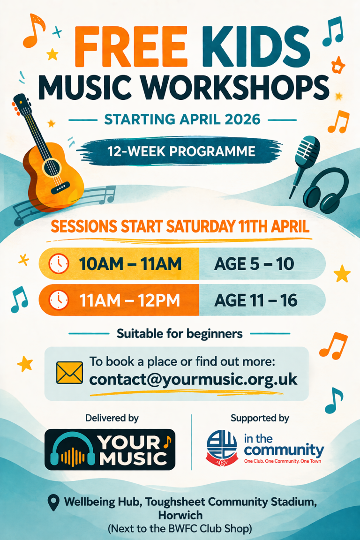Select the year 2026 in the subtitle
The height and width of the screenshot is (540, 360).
point(242,120)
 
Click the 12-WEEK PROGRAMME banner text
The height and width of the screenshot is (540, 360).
point(181,151)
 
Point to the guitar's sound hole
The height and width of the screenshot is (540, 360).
point(52,168)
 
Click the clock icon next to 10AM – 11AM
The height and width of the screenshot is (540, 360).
point(59,264)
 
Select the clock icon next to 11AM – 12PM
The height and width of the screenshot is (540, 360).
point(59,300)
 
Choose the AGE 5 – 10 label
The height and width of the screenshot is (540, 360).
point(254,264)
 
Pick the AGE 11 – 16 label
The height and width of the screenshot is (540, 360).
point(255,300)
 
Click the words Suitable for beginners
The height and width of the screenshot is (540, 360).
point(180,334)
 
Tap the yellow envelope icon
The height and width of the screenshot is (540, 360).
point(69,373)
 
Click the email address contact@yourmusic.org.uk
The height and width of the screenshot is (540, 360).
point(193,380)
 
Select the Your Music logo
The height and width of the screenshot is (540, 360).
point(110,450)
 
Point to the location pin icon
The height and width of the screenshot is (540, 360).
point(52,503)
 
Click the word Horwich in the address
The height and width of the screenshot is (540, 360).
point(180,515)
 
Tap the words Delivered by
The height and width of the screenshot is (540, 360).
point(112,418)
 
